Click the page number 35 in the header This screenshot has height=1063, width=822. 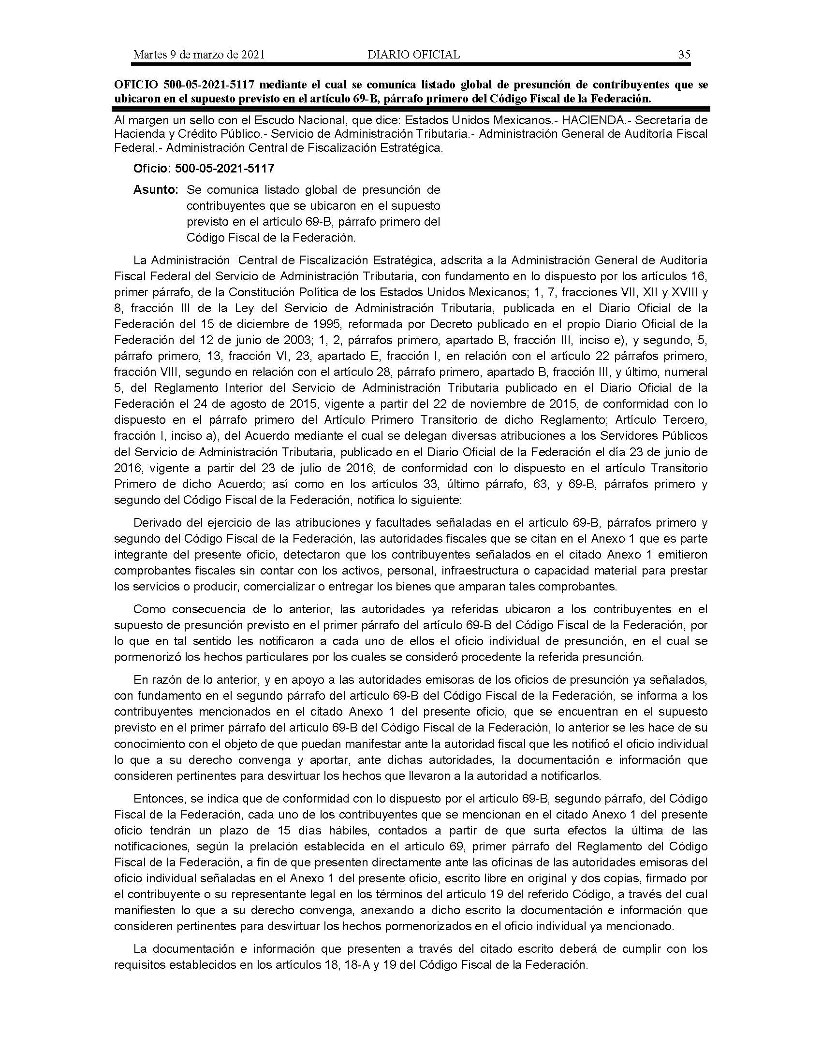coord(684,55)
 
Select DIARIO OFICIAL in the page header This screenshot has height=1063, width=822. coord(413,55)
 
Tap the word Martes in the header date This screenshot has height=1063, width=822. coord(149,55)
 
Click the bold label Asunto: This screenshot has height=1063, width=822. coord(156,190)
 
